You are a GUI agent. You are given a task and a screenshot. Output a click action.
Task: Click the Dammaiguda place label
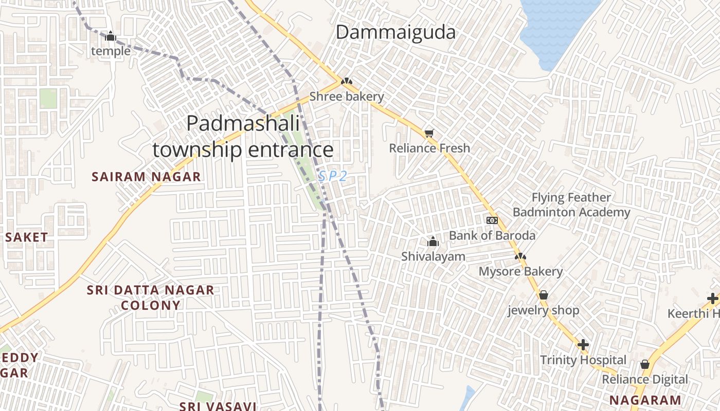click(x=395, y=32)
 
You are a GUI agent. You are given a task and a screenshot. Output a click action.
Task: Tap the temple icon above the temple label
click(x=111, y=36)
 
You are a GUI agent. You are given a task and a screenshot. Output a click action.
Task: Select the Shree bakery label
click(x=346, y=97)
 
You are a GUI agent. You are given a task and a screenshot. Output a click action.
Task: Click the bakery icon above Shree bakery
click(x=347, y=81)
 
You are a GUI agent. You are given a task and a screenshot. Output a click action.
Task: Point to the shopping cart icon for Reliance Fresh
click(x=429, y=134)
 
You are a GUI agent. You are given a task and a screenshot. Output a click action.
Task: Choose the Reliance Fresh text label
click(x=429, y=148)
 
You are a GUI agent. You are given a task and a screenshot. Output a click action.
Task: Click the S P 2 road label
click(x=332, y=176)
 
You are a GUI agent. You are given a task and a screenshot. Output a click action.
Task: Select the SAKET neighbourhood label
click(x=27, y=237)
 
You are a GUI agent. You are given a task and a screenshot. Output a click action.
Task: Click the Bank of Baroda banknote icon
click(x=492, y=220)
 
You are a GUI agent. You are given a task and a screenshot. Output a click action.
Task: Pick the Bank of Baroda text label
click(x=492, y=236)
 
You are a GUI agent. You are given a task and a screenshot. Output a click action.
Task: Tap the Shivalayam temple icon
click(x=433, y=241)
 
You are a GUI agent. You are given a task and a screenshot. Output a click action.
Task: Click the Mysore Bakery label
click(x=520, y=271)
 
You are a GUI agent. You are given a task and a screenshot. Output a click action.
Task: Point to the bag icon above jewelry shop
click(x=544, y=295)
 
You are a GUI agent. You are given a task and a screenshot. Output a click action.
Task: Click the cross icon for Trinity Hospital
click(x=583, y=345)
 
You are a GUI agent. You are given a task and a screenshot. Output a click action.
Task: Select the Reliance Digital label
click(x=644, y=380)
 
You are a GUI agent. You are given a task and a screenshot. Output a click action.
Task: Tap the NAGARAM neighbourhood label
click(x=645, y=400)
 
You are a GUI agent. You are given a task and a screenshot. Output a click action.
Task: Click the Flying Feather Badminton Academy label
click(x=571, y=205)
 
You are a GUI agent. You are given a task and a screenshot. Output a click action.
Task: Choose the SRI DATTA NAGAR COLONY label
click(x=150, y=297)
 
